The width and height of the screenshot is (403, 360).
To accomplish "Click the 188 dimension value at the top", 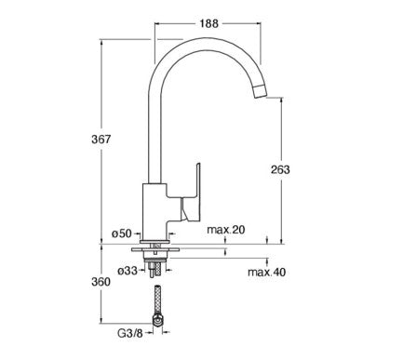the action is (209, 23).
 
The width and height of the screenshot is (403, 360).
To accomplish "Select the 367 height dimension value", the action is (101, 140).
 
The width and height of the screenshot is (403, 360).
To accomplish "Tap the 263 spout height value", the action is (280, 169).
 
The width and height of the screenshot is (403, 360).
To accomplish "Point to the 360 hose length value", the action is (101, 282).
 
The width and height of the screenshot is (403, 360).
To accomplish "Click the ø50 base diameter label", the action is (122, 233).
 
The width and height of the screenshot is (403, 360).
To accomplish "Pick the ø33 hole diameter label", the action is (128, 271).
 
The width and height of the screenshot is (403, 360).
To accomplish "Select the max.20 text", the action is (226, 230).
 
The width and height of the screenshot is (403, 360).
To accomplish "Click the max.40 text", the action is (266, 273).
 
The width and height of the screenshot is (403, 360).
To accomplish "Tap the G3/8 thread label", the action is (130, 333).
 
